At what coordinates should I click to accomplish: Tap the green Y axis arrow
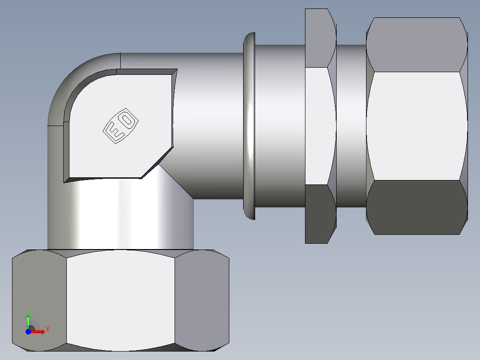pyautogui.click(x=28, y=320)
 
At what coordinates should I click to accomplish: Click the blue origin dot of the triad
pyautogui.click(x=28, y=332)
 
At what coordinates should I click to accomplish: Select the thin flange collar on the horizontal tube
pyautogui.click(x=249, y=126)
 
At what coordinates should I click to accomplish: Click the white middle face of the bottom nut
pyautogui.click(x=120, y=301)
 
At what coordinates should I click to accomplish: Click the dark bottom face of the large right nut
pyautogui.click(x=416, y=207)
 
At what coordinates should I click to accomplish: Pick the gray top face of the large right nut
pyautogui.click(x=416, y=45)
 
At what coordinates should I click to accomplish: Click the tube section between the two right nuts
pyautogui.click(x=351, y=126)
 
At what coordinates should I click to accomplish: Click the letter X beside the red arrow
pyautogui.click(x=47, y=330)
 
